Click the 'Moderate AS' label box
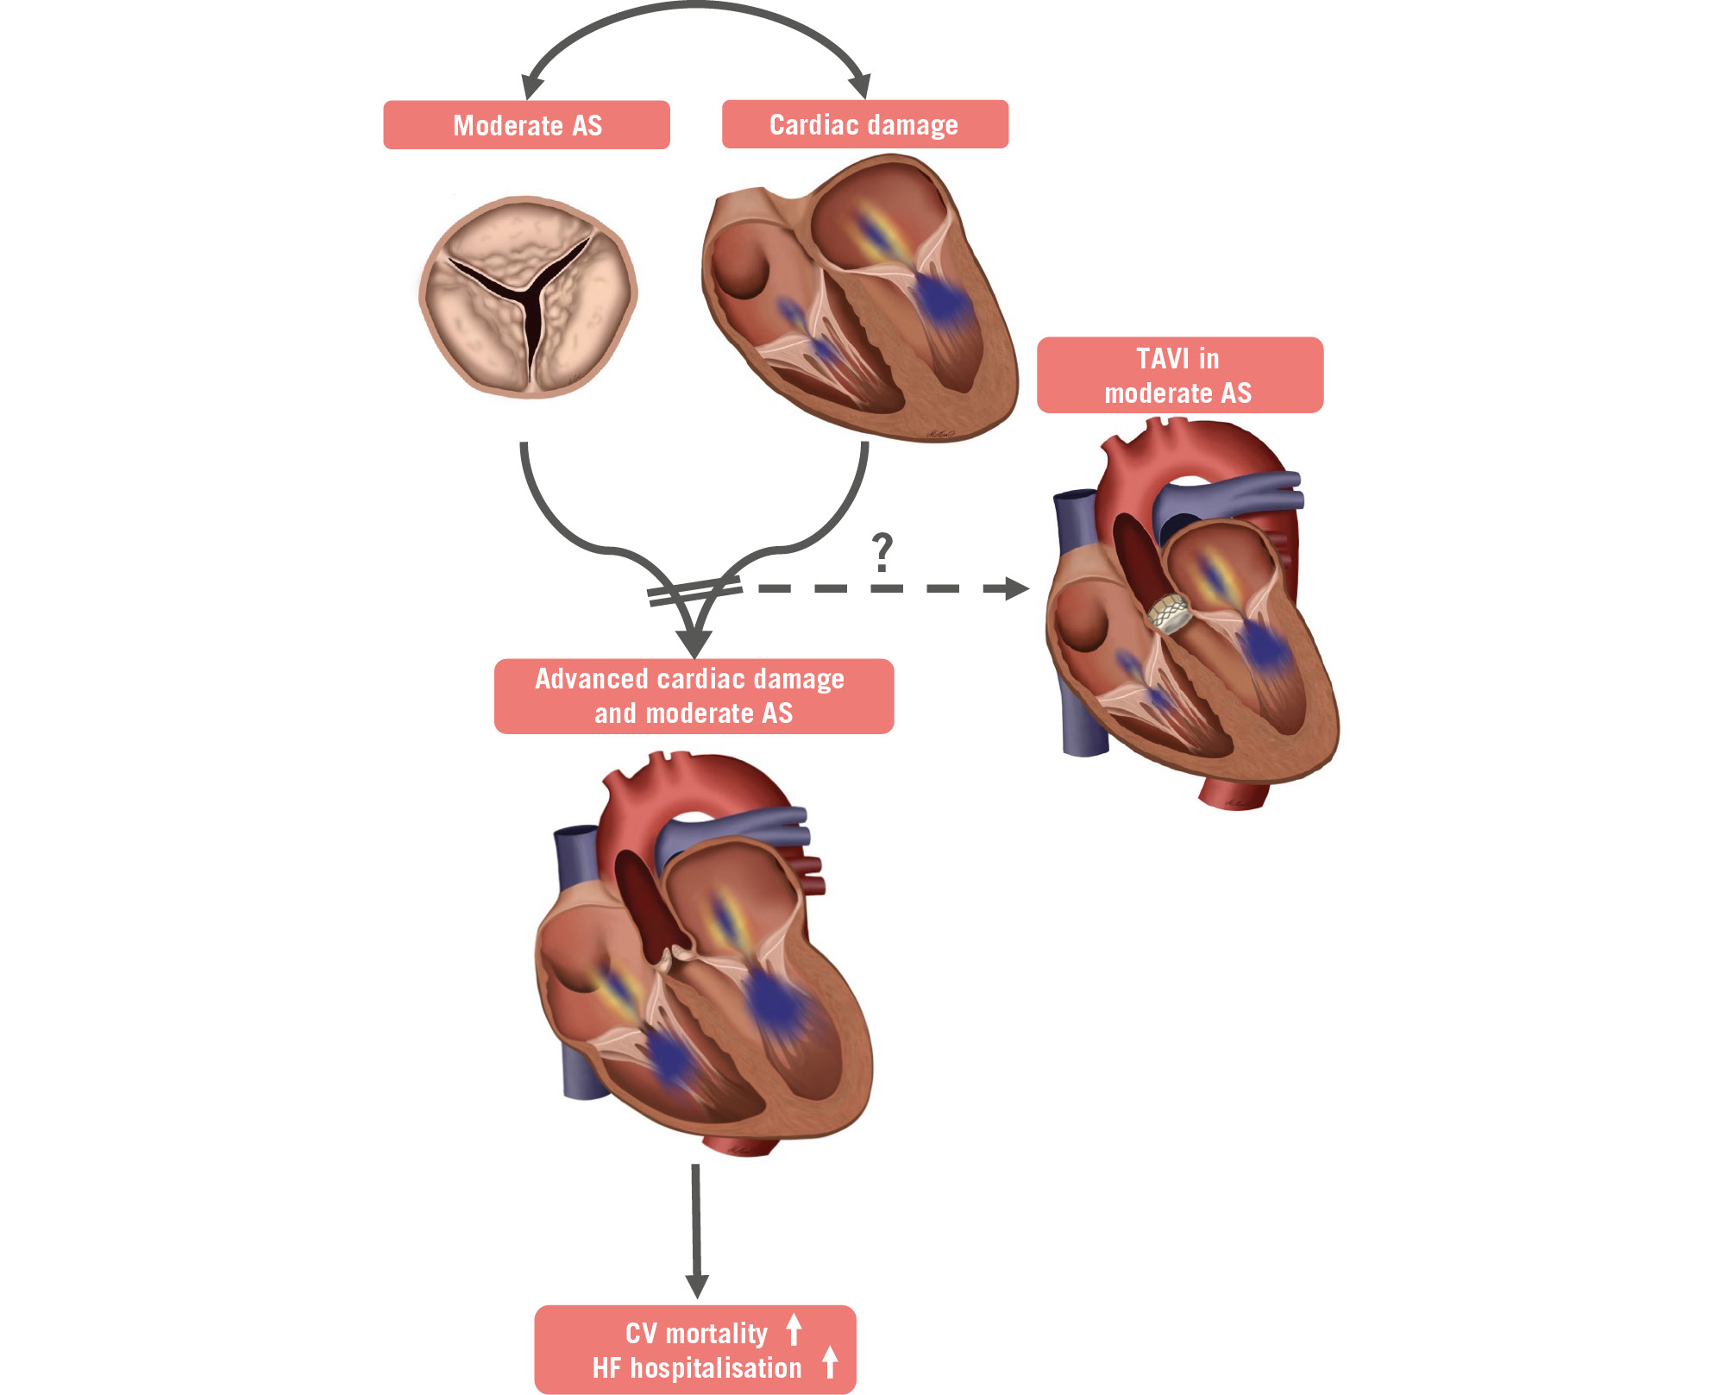pos(526,125)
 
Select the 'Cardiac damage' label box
pos(864,124)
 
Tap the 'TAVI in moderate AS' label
pos(1178,375)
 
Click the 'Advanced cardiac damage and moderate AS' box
pos(694,696)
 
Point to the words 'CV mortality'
pos(696,1334)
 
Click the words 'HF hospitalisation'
pos(696,1368)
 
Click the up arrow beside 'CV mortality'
pos(794,1329)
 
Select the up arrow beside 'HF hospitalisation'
pos(830,1362)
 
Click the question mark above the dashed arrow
pos(882,552)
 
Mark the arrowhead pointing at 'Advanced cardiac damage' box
pos(694,644)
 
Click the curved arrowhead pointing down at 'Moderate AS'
pos(532,87)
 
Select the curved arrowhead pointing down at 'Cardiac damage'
pos(860,87)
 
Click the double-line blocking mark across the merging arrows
pos(694,592)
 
